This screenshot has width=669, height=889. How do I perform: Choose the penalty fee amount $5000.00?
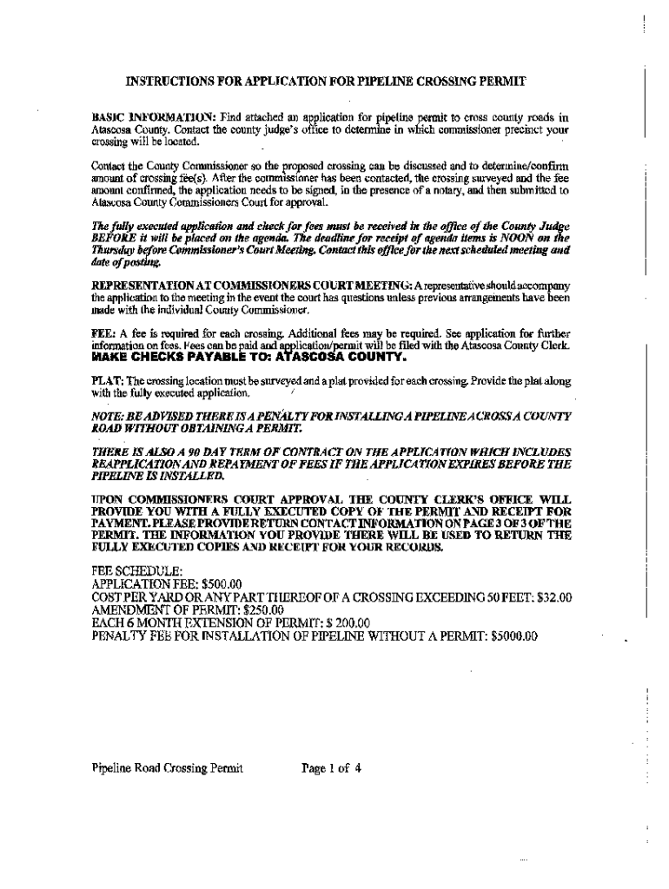[514, 635]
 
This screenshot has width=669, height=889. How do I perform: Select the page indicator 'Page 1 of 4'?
[331, 767]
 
